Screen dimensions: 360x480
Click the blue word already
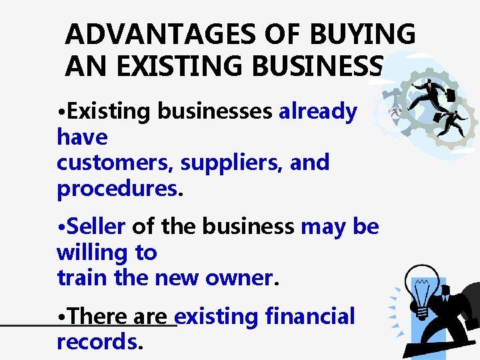point(318,111)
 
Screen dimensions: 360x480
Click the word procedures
point(117,188)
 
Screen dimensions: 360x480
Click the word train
point(83,277)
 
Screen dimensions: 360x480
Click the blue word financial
point(310,316)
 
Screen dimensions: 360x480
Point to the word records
point(97,341)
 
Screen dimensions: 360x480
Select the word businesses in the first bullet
point(214,111)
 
